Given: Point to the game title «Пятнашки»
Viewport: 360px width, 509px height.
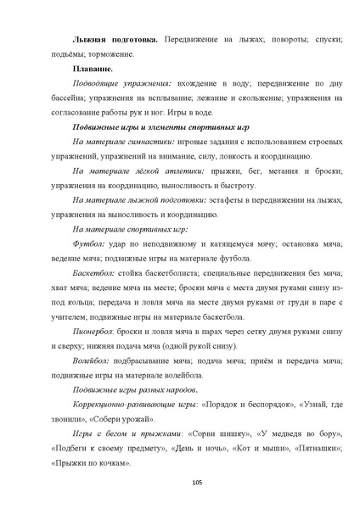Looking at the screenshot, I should [x=314, y=450].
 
